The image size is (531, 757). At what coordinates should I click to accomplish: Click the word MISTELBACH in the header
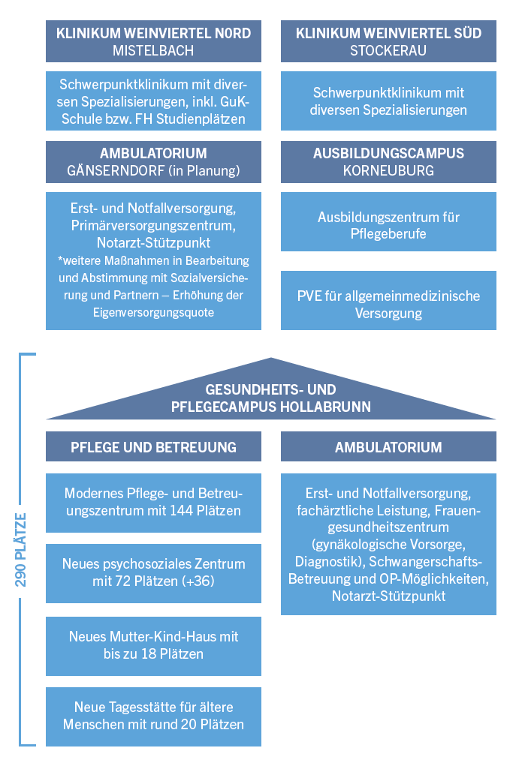[153, 50]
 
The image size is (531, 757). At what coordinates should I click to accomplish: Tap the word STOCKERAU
[388, 50]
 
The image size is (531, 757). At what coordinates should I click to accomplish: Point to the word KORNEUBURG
[388, 170]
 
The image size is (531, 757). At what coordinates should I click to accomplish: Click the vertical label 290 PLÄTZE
[21, 550]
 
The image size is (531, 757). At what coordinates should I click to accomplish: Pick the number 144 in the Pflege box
[183, 510]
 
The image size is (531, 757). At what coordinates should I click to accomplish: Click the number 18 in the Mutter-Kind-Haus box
[148, 653]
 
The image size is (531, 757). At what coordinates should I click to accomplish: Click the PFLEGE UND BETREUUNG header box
[154, 446]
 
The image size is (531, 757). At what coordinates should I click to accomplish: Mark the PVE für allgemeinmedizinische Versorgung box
[388, 300]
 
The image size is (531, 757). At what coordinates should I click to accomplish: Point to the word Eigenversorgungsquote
[154, 312]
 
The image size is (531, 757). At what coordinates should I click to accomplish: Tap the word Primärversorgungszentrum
[153, 226]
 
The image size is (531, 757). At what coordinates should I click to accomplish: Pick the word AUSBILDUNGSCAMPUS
[388, 153]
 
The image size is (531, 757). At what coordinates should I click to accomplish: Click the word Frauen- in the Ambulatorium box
[458, 510]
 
